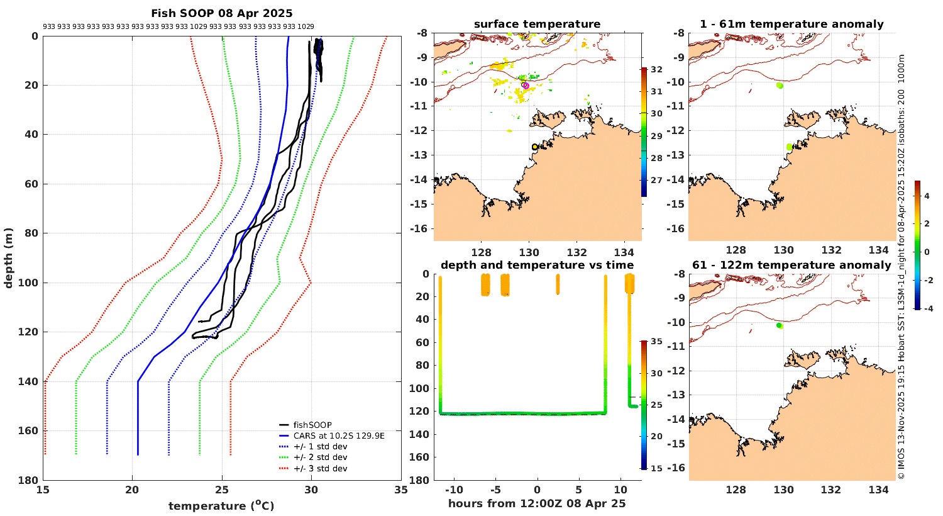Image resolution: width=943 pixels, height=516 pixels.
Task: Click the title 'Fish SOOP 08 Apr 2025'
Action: (x=221, y=13)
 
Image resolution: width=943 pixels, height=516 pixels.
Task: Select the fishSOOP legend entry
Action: (x=312, y=425)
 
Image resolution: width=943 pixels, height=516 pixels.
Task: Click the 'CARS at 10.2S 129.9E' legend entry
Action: (x=339, y=435)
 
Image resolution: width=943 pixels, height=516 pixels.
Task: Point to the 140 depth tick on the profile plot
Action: (x=31, y=381)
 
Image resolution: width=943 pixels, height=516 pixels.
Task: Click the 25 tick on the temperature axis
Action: (x=221, y=490)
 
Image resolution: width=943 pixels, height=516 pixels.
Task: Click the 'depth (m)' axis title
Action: (x=9, y=258)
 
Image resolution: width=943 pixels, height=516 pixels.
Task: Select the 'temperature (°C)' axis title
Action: (x=221, y=505)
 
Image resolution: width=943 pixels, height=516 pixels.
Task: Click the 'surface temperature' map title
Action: (x=537, y=25)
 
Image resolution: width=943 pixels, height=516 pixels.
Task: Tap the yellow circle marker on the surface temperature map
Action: (x=535, y=147)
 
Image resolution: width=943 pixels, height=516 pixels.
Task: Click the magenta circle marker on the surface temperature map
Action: (x=525, y=85)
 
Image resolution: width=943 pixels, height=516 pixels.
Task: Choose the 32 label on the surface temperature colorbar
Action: (x=656, y=70)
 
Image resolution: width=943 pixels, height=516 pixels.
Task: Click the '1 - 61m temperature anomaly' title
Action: (x=791, y=25)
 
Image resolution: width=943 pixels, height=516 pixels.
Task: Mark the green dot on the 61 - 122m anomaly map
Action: (x=779, y=325)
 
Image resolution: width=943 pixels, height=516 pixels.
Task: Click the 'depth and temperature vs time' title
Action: (x=537, y=265)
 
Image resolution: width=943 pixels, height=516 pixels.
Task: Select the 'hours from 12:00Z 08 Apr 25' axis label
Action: (x=537, y=503)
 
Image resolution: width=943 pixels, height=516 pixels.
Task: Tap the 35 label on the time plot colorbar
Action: (x=656, y=342)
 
